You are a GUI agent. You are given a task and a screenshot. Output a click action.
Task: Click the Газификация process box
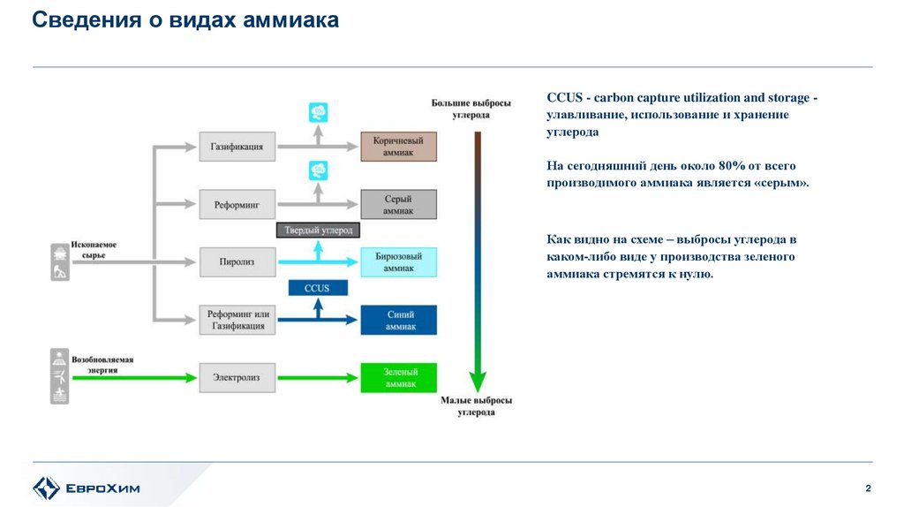[237, 147]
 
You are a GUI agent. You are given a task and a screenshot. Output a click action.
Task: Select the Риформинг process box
[237, 204]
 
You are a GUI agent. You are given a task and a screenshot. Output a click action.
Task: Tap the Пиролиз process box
[237, 261]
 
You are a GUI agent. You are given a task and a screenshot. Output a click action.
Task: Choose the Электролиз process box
[237, 377]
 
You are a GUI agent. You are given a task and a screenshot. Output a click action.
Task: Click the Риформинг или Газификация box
[237, 320]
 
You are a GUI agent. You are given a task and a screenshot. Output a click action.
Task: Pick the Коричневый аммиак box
[398, 147]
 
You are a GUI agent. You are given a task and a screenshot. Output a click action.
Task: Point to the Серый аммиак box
[398, 204]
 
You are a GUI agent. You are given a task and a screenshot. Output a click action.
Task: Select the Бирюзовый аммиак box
[398, 261]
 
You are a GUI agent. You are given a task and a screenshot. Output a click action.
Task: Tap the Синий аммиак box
[398, 320]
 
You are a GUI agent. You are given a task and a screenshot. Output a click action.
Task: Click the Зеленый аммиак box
[398, 377]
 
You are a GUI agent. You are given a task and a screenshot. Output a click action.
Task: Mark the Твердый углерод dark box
[319, 231]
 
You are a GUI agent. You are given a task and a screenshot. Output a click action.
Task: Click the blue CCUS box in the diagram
[318, 288]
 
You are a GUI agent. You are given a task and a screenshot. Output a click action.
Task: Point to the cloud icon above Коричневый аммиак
[318, 112]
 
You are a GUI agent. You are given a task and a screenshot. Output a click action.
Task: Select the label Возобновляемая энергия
[102, 366]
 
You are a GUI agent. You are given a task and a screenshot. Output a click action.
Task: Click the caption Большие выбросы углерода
[473, 109]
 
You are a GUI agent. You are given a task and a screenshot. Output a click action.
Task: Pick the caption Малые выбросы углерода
[476, 406]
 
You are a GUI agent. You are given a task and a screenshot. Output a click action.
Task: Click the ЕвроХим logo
[86, 488]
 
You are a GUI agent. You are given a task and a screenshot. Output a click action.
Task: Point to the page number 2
[868, 489]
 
